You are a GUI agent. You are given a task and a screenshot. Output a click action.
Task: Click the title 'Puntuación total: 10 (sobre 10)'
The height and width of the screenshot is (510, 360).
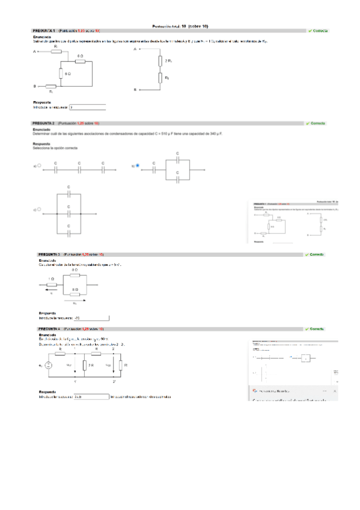[x=180, y=26]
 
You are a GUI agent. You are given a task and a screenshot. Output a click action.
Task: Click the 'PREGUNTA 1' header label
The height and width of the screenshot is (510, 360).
[x=44, y=31]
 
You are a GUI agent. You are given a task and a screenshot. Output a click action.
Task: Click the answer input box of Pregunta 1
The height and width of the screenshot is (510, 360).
[x=87, y=107]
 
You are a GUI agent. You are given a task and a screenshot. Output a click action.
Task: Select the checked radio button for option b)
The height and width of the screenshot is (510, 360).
[x=138, y=165]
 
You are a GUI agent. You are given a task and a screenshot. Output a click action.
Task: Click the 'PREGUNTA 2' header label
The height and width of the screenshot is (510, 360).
[x=44, y=123]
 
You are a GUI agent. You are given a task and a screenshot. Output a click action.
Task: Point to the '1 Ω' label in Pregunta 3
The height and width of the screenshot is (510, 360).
[x=51, y=279]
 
